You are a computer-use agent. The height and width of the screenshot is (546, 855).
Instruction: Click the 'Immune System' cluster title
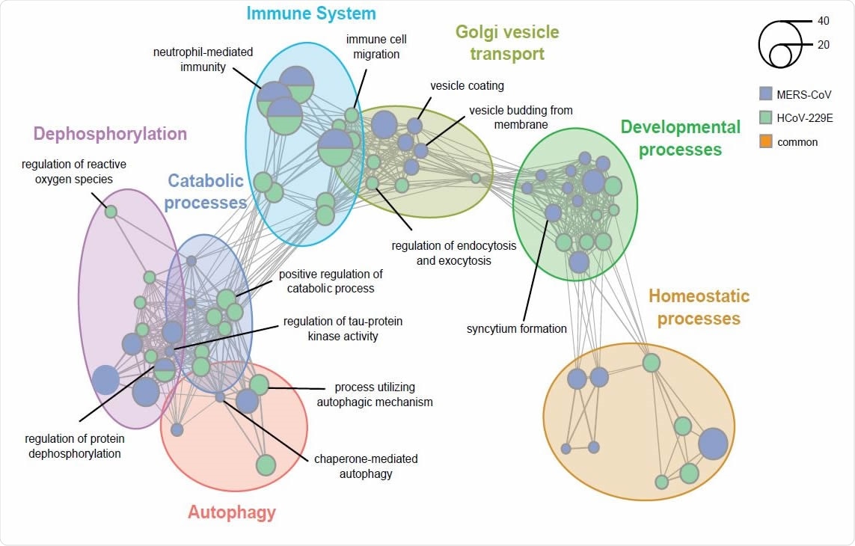click(311, 13)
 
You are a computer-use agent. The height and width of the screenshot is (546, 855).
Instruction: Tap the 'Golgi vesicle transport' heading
click(506, 43)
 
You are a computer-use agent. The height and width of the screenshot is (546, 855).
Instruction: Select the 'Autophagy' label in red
click(231, 512)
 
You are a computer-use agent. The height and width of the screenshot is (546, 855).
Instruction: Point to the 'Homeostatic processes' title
click(699, 307)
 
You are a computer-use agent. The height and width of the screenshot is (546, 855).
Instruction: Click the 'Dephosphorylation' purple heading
click(110, 134)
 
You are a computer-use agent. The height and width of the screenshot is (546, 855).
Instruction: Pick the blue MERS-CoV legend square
click(764, 94)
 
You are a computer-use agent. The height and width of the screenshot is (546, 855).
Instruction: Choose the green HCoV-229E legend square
click(764, 117)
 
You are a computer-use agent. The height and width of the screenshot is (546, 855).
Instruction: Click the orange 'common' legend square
click(764, 141)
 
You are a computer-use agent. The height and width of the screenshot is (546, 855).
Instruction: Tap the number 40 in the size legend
click(824, 21)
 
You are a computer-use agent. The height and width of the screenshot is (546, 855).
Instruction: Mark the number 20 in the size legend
click(824, 45)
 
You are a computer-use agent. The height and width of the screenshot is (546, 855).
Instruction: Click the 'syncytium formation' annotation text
click(517, 328)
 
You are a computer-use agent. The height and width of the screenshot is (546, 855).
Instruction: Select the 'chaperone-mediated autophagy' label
click(366, 465)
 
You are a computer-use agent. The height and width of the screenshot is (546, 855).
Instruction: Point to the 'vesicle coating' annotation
click(467, 85)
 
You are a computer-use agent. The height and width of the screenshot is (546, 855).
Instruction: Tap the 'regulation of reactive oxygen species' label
click(73, 171)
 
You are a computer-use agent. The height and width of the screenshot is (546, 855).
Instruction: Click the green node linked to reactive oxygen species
click(111, 212)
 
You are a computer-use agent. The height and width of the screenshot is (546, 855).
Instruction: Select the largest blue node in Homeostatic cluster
click(713, 444)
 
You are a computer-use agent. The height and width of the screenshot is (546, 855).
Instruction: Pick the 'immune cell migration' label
click(376, 46)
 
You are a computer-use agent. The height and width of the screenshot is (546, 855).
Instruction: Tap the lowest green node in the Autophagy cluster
click(266, 464)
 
